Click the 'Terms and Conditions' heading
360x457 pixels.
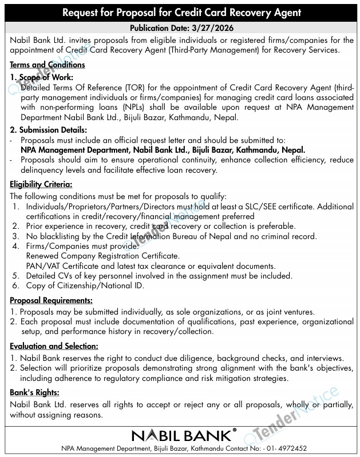pos(48,65)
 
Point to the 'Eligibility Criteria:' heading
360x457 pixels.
pos(41,184)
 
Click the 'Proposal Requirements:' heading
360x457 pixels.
pos(51,300)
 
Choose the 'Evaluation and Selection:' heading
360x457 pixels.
pos(54,346)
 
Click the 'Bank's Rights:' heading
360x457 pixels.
pos(35,392)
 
